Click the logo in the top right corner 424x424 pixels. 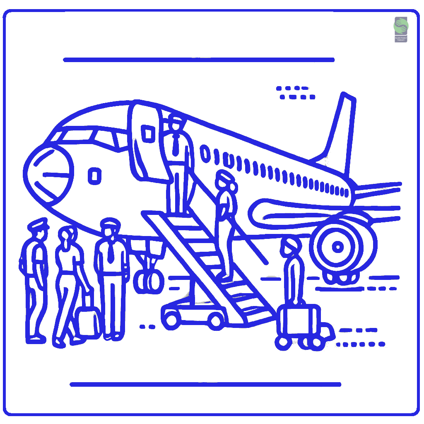coord(400,29)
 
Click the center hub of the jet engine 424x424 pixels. coord(338,247)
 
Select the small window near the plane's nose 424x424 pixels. coord(94,176)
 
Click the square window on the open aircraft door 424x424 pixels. coord(147,133)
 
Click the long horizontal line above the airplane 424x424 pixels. coord(199,60)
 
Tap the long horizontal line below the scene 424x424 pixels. coord(205,384)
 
